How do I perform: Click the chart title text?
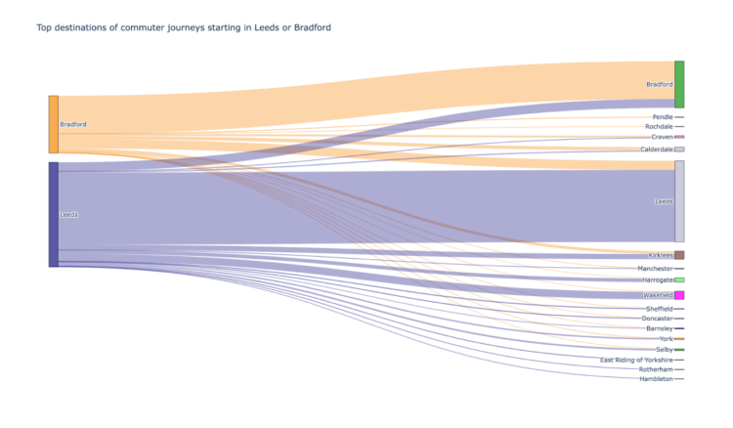pyautogui.click(x=184, y=27)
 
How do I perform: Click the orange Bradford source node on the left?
pyautogui.click(x=54, y=124)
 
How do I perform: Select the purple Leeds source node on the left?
pyautogui.click(x=54, y=214)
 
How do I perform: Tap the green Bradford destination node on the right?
pyautogui.click(x=679, y=84)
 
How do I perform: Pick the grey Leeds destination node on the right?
pyautogui.click(x=679, y=201)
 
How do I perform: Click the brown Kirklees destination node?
pyautogui.click(x=679, y=255)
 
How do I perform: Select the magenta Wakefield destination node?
pyautogui.click(x=679, y=295)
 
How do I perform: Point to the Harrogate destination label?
pyautogui.click(x=657, y=280)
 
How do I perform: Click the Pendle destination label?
pyautogui.click(x=662, y=117)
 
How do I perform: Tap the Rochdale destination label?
pyautogui.click(x=659, y=127)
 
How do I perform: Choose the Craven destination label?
pyautogui.click(x=662, y=138)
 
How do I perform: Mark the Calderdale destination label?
pyautogui.click(x=656, y=150)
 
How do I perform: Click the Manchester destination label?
pyautogui.click(x=655, y=269)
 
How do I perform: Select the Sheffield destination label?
pyautogui.click(x=659, y=309)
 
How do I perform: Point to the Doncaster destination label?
pyautogui.click(x=657, y=319)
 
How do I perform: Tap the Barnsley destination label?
pyautogui.click(x=659, y=329)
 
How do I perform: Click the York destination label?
pyautogui.click(x=666, y=339)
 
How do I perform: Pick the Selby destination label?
pyautogui.click(x=665, y=350)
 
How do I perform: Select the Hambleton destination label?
pyautogui.click(x=656, y=379)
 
